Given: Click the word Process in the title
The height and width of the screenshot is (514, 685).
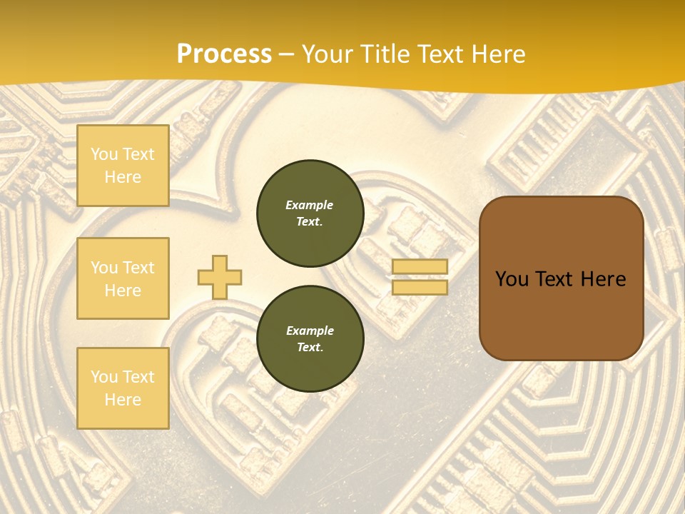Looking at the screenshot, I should point(223,54).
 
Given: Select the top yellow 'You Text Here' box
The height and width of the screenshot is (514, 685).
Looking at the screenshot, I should point(123,166).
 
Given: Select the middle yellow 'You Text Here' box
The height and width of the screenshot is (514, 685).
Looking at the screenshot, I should point(123,278).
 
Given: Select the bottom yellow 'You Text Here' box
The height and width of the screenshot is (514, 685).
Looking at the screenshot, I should point(123,388).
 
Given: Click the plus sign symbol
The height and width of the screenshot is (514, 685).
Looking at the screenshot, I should point(220,277).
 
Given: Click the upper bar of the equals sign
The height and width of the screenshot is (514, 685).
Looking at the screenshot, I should point(420,267).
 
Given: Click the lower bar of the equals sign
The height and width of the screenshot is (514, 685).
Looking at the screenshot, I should point(420,288).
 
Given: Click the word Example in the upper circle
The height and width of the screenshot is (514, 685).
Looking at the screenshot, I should point(309,205).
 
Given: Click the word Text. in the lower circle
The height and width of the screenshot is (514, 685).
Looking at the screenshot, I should point(309,347).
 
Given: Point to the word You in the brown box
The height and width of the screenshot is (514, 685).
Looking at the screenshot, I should point(512,279).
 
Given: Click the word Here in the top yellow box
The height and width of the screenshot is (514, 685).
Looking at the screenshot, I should point(123,177).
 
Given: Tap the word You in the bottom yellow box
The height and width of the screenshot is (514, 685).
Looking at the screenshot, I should point(104,377).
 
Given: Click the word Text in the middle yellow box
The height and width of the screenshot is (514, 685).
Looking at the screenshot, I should point(138,268).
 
